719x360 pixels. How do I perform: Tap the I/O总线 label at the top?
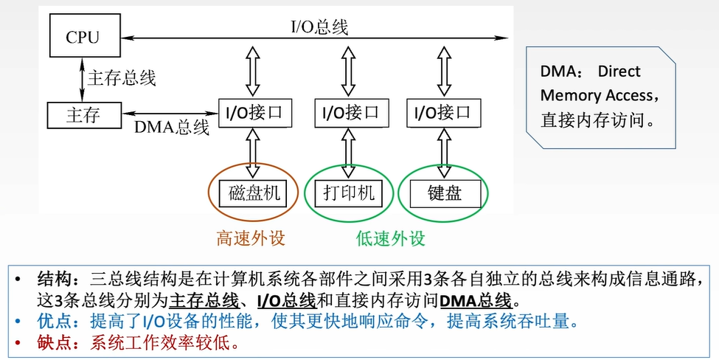pos(318,27)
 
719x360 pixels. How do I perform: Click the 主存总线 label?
pos(122,77)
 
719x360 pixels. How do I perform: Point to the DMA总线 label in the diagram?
pos(171,127)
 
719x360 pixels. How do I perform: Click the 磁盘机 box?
pos(254,193)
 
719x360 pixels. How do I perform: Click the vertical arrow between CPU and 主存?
pos(82,77)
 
